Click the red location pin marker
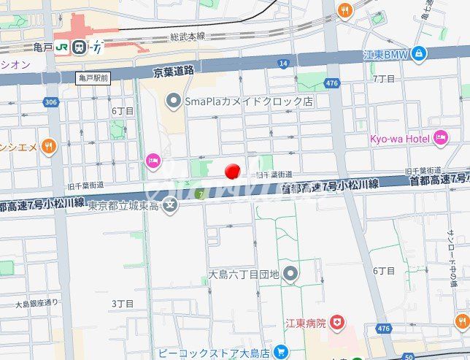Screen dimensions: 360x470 click(232, 172)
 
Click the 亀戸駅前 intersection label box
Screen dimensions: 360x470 click(93, 77)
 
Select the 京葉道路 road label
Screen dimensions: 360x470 click(174, 72)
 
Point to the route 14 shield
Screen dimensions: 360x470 click(282, 64)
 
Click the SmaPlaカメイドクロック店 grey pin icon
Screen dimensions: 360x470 click(173, 100)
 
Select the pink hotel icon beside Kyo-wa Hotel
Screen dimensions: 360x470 click(440, 137)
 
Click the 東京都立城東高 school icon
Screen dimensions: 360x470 click(170, 204)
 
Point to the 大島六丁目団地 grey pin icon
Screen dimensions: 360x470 click(290, 274)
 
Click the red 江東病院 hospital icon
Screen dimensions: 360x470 click(336, 321)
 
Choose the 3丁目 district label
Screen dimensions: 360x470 click(122, 302)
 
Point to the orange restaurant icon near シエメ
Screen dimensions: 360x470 click(49, 146)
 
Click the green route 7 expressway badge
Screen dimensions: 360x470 click(199, 194)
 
